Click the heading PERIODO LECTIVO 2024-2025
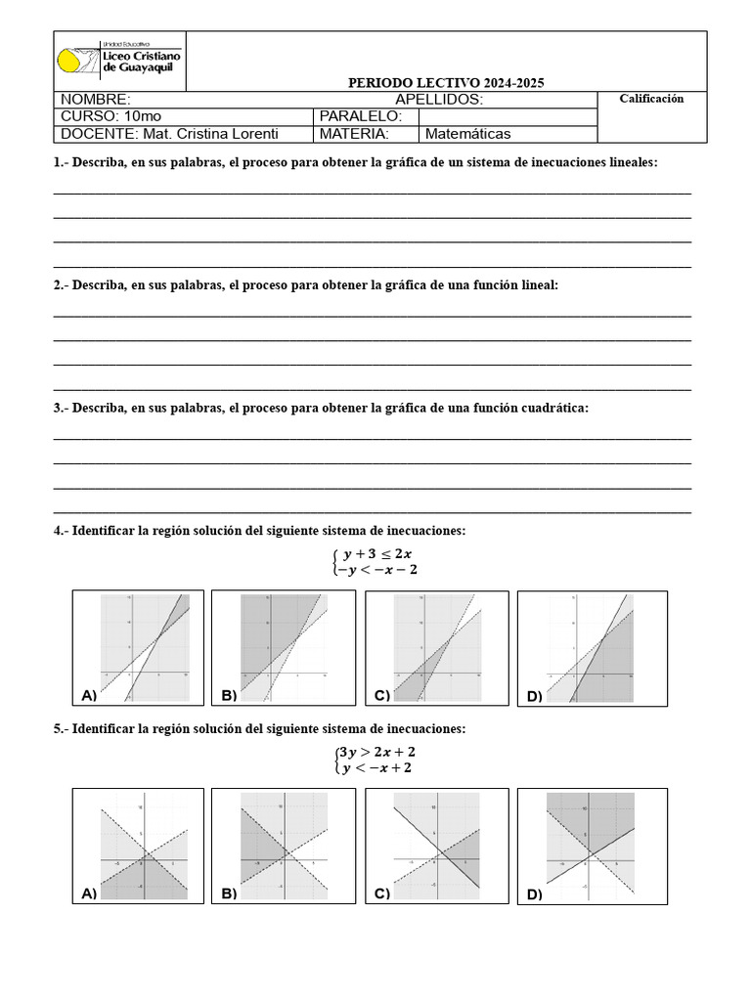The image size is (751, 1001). pos(446,83)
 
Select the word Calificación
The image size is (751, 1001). pos(651,99)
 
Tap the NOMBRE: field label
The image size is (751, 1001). pos(95,100)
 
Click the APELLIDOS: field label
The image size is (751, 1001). pos(438,100)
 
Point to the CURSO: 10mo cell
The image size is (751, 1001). pos(110,116)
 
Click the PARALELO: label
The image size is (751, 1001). pos(353,116)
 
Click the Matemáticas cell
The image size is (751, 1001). pos(467,134)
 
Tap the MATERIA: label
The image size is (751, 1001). pos(353,134)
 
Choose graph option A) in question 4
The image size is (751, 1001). pos(138,646)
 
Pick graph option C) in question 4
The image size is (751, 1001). pos(436,646)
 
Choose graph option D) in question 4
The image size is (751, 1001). pos(592,646)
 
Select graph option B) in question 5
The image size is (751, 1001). pos(282,846)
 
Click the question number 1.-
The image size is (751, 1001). pos(61,162)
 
